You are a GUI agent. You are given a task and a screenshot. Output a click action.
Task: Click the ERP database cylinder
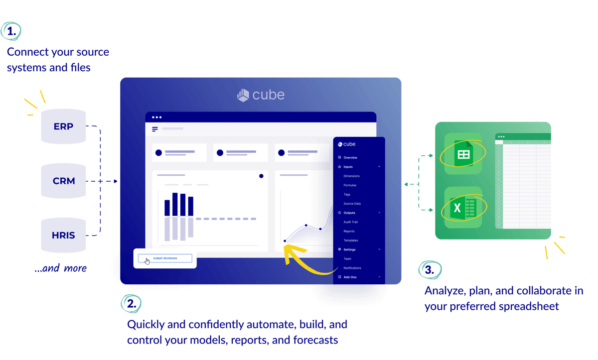click(63, 126)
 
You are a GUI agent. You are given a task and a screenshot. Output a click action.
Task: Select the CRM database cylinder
click(63, 181)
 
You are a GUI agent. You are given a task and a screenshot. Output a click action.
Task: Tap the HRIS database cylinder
click(63, 235)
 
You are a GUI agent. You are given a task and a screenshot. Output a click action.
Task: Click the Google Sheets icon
click(463, 154)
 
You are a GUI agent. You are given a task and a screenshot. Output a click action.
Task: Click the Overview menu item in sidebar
click(350, 157)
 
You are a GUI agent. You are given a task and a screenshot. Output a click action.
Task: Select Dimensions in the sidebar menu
click(351, 176)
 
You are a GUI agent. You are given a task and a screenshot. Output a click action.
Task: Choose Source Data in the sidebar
click(352, 204)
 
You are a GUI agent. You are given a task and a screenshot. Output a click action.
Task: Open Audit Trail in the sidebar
click(351, 222)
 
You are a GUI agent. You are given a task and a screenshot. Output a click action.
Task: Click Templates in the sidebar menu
click(350, 240)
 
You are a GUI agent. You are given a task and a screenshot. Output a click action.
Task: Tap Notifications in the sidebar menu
click(352, 268)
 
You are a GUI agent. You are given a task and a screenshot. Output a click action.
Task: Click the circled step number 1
click(11, 31)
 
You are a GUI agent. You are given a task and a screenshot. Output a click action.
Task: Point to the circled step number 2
click(131, 303)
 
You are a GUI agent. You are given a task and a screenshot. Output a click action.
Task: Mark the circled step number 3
click(429, 270)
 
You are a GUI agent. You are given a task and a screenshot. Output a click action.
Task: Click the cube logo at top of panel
click(261, 95)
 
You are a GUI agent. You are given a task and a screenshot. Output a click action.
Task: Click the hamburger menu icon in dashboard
click(155, 129)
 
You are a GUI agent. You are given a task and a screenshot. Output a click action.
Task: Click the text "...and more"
click(60, 269)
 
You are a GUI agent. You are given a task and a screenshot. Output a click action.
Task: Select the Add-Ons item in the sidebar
click(350, 277)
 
